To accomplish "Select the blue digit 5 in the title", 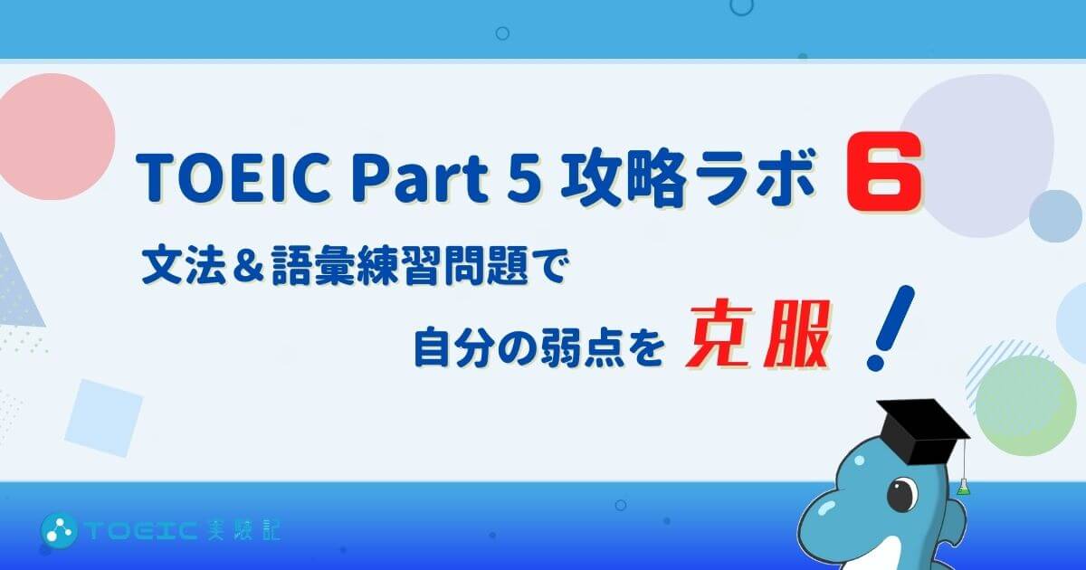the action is [x=524, y=179].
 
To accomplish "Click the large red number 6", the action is [x=883, y=171].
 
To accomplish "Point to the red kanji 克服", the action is [x=757, y=334].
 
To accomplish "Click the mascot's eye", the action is [x=902, y=494].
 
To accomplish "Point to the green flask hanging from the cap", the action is [x=965, y=487].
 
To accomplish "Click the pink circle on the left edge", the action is [x=54, y=137].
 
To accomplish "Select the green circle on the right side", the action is [x=1024, y=406].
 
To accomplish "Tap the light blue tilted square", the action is [x=104, y=418].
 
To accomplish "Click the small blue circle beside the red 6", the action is [x=1055, y=216].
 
